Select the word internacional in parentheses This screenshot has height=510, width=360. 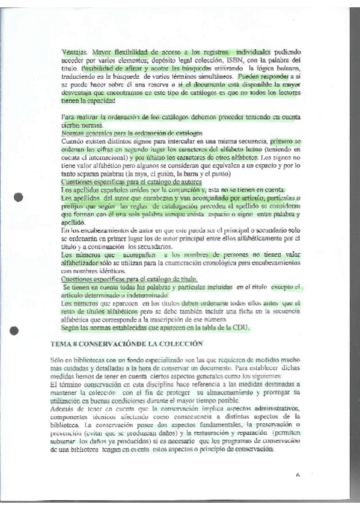tap(105, 156)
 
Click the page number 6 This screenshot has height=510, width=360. tap(297, 475)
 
